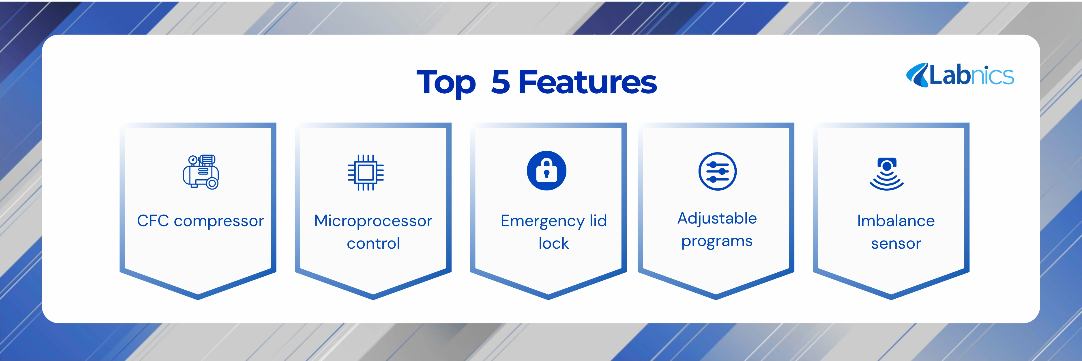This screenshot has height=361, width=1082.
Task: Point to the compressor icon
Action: click(x=201, y=172)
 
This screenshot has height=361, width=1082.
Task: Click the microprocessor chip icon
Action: click(x=365, y=172)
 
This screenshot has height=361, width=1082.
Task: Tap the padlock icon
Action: click(x=546, y=171)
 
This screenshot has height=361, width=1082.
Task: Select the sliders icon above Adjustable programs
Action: click(x=717, y=172)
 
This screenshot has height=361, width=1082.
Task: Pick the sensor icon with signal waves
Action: click(x=887, y=174)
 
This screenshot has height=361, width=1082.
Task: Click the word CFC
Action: click(x=153, y=221)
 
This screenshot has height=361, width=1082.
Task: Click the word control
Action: click(x=373, y=243)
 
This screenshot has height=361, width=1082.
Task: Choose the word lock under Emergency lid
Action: click(x=554, y=243)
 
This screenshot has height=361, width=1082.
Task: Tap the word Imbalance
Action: click(x=896, y=221)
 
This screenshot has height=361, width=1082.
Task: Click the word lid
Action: click(x=598, y=220)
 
